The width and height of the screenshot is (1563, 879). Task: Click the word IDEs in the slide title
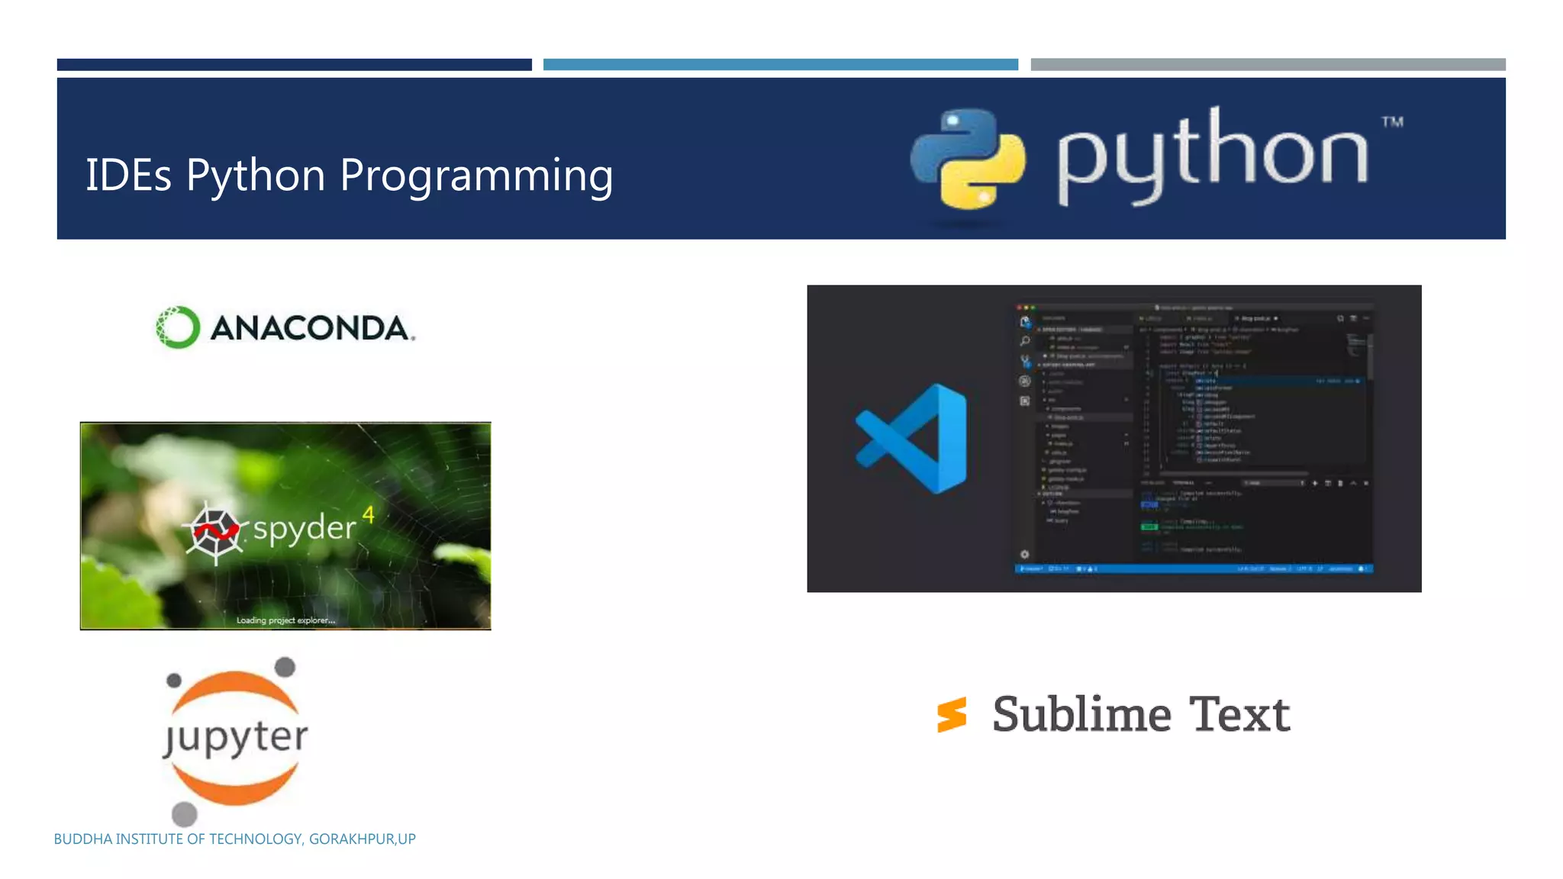(x=128, y=175)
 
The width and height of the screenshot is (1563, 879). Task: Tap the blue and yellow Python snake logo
(x=968, y=159)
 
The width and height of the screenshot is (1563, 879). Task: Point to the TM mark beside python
(x=1392, y=122)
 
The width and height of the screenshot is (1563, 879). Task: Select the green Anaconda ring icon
(x=178, y=327)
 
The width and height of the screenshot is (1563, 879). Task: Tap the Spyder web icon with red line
(x=215, y=531)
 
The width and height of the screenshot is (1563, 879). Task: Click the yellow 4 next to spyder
(x=369, y=515)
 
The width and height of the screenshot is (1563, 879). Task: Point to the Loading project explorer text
(x=285, y=620)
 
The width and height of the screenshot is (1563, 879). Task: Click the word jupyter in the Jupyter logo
(x=236, y=737)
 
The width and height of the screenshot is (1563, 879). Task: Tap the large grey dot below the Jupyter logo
(x=184, y=814)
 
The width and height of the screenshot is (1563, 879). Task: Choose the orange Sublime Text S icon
(x=952, y=715)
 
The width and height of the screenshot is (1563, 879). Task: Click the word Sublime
(x=1081, y=715)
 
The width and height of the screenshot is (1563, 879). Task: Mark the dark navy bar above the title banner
(x=294, y=65)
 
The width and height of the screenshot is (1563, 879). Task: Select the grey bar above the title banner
(x=1268, y=65)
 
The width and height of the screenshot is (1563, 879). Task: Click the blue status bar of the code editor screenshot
(x=1194, y=568)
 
